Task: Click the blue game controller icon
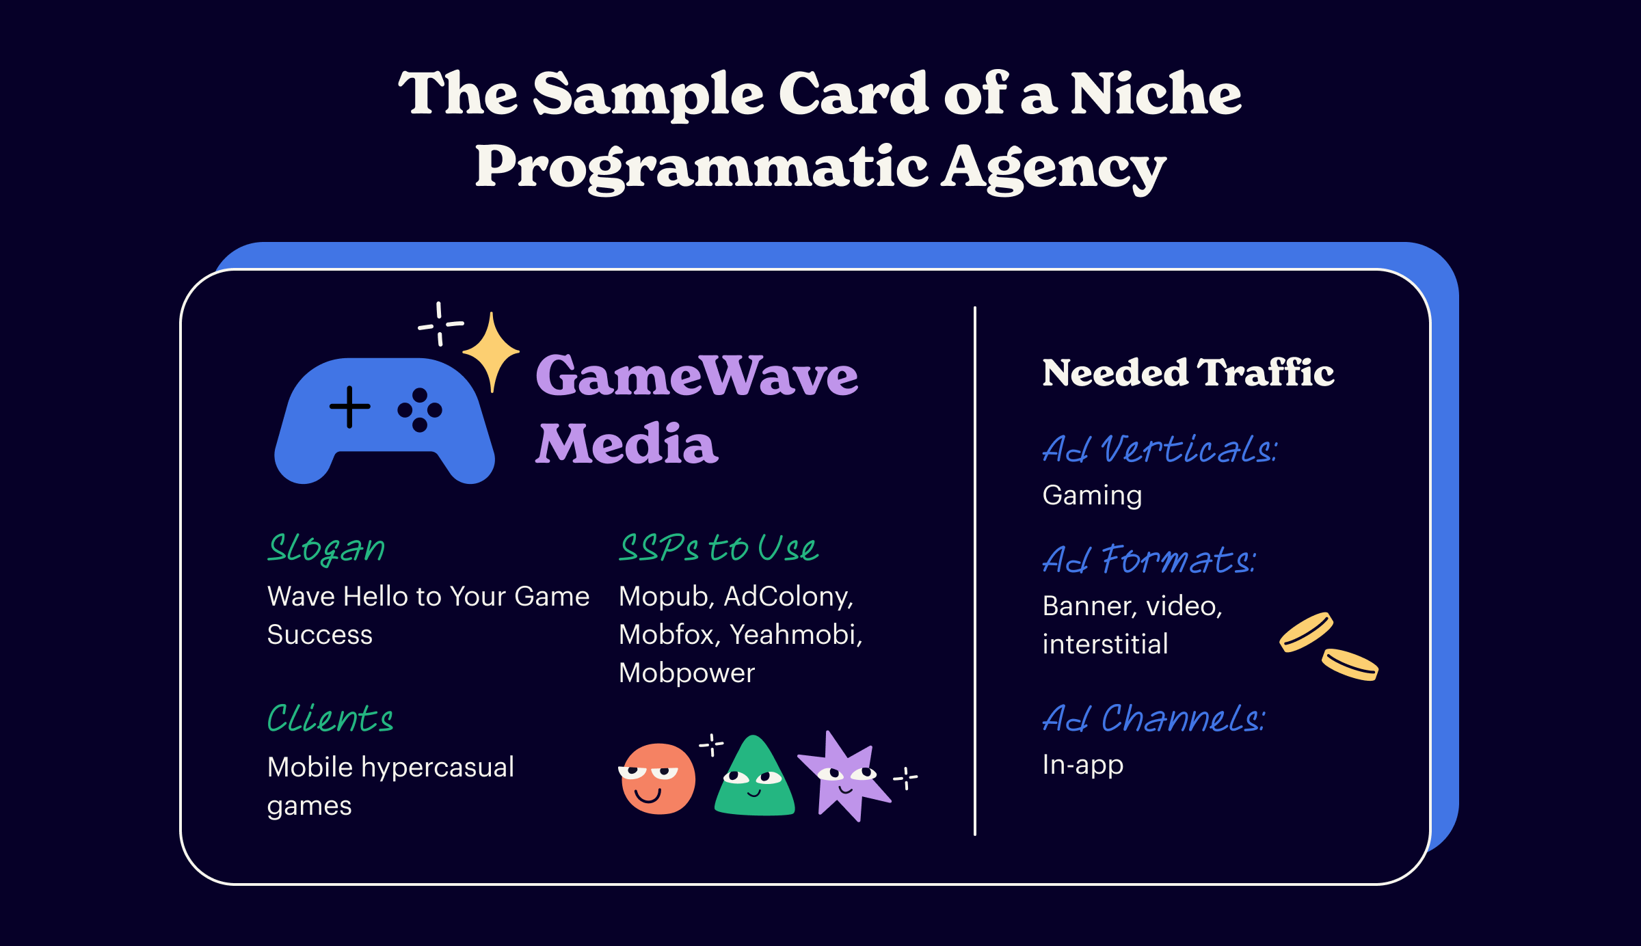point(384,418)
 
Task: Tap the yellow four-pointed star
point(491,352)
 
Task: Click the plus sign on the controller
point(350,407)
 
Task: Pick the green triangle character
point(754,778)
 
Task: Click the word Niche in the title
point(1156,94)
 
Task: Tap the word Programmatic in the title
point(702,168)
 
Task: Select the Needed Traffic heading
point(1188,373)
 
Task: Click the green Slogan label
point(326,549)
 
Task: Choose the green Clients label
point(330,718)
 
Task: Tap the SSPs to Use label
point(719,548)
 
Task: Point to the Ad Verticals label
point(1160,449)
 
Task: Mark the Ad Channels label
point(1154,718)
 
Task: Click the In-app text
point(1083,766)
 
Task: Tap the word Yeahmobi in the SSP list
point(797,635)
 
